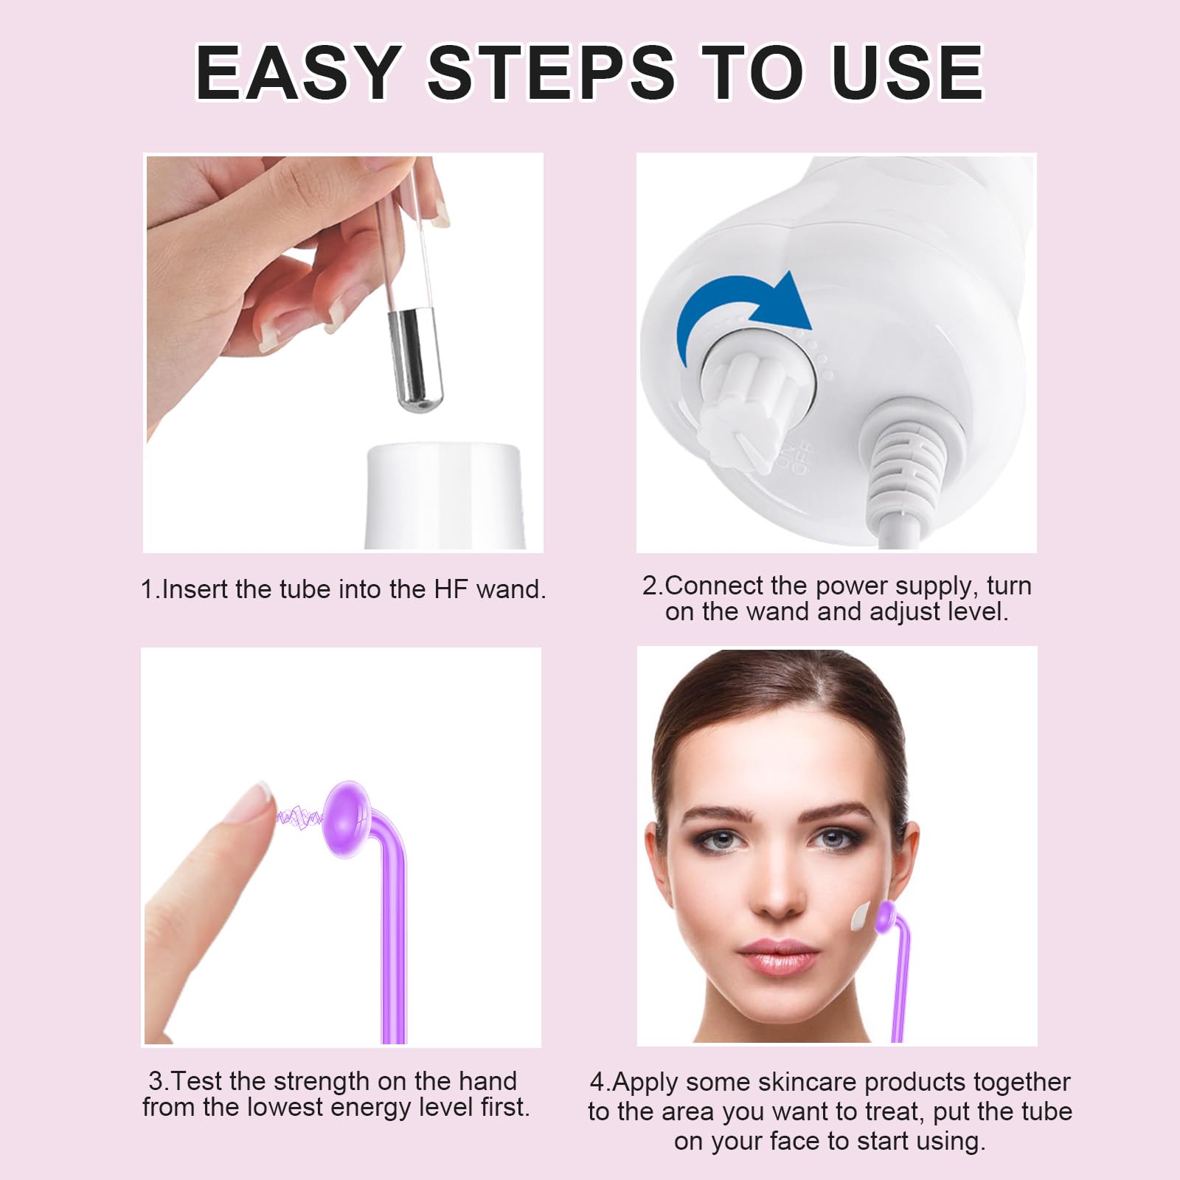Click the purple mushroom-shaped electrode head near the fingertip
347,819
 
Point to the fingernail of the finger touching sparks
254,800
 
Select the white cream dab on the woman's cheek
861,917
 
